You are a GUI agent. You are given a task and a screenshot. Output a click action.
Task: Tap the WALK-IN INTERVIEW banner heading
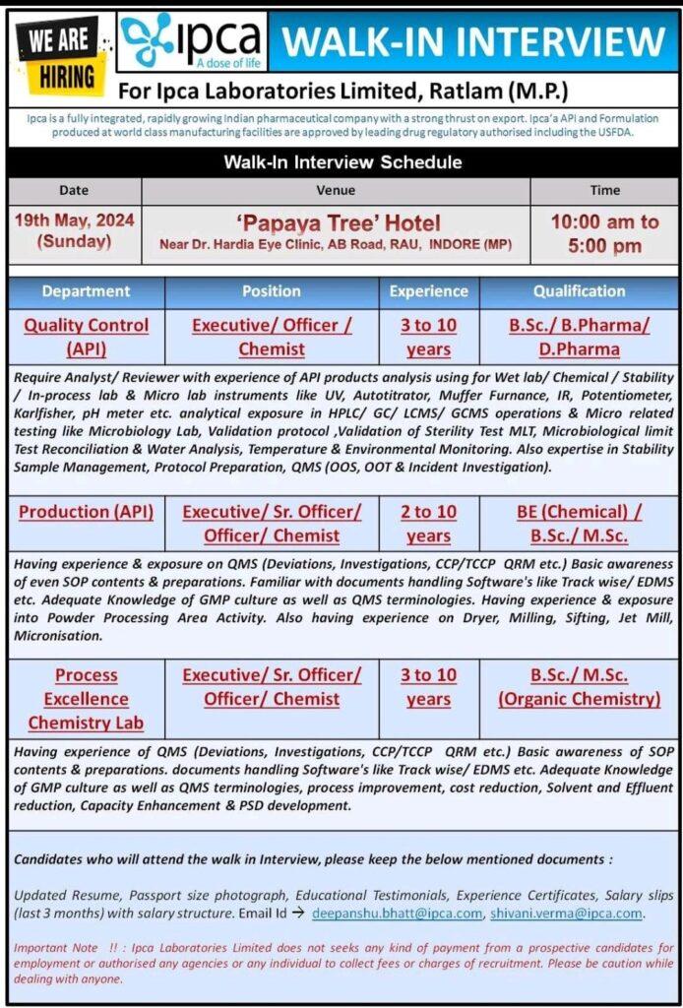[473, 41]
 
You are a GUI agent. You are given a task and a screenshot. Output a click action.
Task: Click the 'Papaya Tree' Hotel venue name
[337, 222]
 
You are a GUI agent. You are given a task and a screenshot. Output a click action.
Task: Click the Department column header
[86, 291]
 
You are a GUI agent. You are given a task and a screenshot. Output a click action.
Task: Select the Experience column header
[428, 291]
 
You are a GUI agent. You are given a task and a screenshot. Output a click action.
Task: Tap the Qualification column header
[579, 291]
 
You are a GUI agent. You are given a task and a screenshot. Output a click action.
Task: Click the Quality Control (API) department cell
[87, 337]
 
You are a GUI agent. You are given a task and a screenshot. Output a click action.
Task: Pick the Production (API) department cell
[87, 512]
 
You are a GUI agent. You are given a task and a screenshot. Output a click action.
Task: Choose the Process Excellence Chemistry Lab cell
[87, 699]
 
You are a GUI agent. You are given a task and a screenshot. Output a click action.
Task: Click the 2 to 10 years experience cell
[428, 524]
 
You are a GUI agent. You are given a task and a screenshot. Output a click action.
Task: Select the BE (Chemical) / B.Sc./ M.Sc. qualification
[579, 524]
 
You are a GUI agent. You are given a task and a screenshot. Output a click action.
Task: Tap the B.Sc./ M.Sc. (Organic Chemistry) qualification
[579, 687]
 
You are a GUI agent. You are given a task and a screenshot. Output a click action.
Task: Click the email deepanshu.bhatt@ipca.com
[397, 913]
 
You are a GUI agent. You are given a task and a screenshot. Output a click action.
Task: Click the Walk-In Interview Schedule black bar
[341, 161]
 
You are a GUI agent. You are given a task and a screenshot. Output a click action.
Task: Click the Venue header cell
[336, 190]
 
